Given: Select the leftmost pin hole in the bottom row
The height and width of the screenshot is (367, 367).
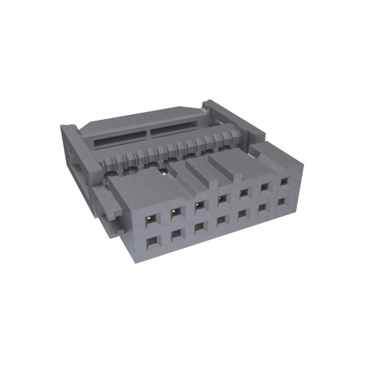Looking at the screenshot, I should (x=151, y=242).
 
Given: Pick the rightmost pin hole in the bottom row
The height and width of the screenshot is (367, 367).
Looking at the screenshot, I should (x=283, y=202).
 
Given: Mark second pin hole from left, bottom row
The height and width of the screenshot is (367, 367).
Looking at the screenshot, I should (x=176, y=235).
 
